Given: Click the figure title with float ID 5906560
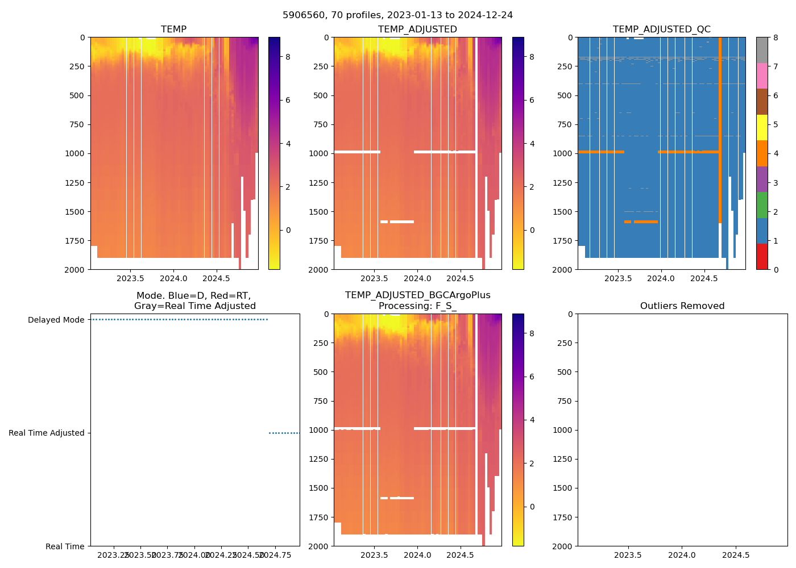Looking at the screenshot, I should coord(397,15).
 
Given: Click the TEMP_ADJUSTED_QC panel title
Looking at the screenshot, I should coord(661,29).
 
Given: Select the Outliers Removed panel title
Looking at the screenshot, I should coord(682,306).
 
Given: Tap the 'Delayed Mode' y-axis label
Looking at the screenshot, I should coord(56,320).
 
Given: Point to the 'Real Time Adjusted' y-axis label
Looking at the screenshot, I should coord(46,433).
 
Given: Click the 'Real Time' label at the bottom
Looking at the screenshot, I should coord(65,546).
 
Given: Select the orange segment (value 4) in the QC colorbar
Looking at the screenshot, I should coord(762,153).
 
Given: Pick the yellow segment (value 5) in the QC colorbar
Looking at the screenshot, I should coord(762,127).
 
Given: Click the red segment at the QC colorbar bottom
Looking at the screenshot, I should coord(762,256).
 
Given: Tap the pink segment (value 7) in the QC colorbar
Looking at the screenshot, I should coord(762,76).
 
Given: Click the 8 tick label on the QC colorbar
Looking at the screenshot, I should coord(775,37).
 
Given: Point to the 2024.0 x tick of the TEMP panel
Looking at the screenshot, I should coord(173,278).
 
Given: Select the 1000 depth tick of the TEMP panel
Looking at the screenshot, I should coord(74,153).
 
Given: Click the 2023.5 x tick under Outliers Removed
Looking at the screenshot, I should coord(628,555).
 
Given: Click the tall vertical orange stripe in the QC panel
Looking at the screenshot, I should coord(720,131).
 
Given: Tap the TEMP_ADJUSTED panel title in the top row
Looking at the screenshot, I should coord(417,29).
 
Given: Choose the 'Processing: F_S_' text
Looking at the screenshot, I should coord(417,306).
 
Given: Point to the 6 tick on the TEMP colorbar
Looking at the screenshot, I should coord(288,100).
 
